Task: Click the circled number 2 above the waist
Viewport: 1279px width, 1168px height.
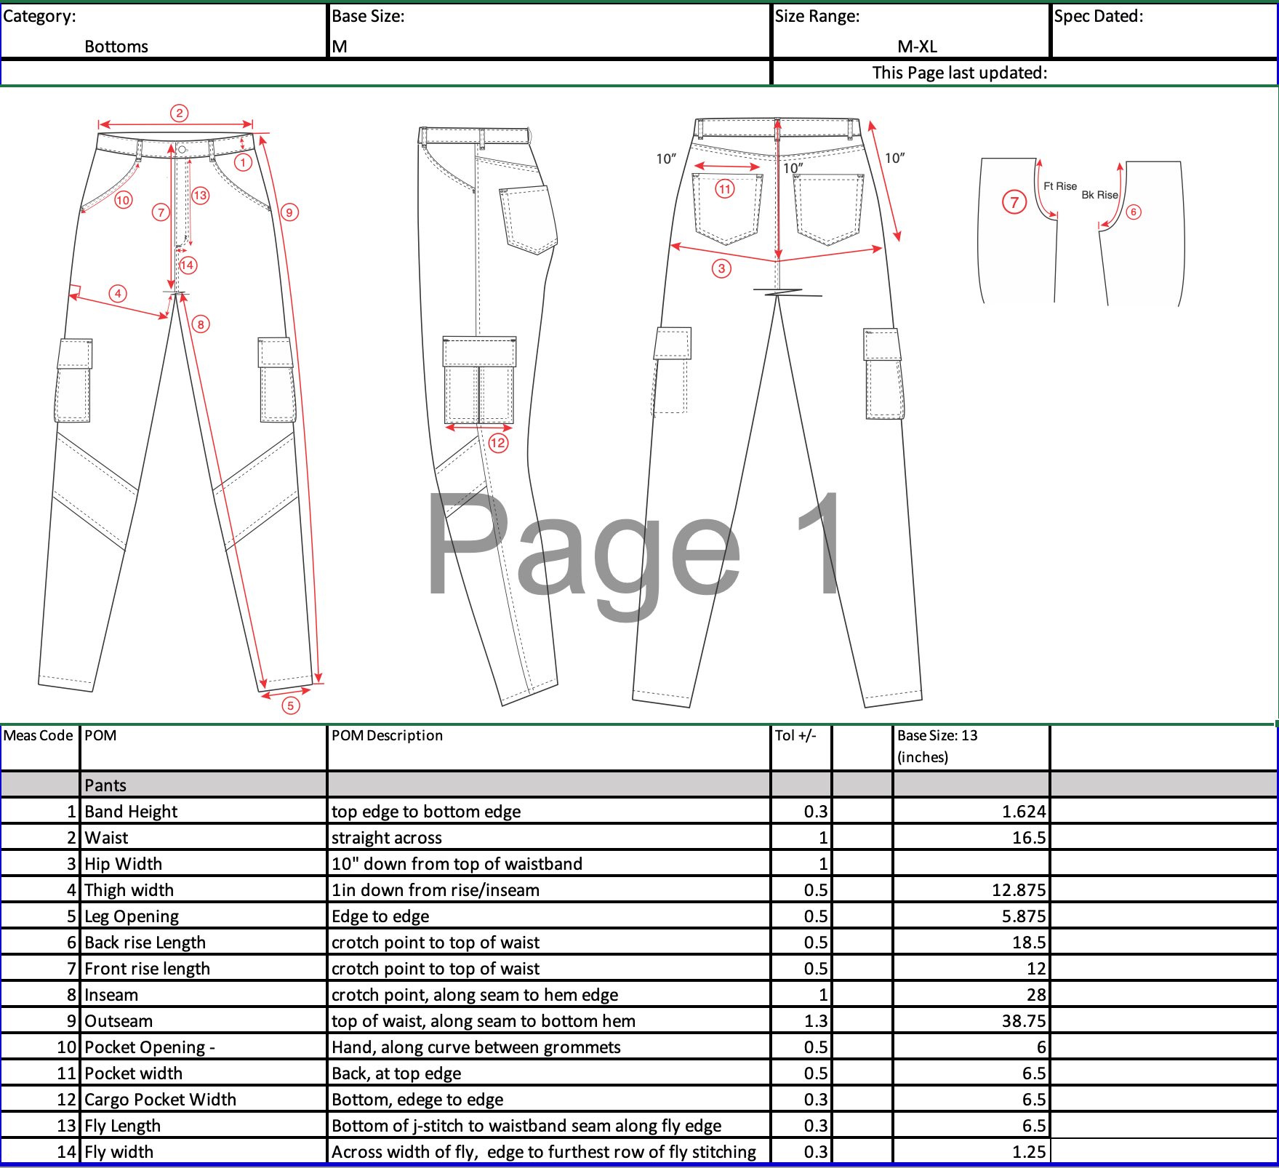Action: [180, 113]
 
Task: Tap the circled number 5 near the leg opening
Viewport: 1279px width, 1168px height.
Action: [291, 705]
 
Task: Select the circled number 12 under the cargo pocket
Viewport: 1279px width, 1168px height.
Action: [498, 443]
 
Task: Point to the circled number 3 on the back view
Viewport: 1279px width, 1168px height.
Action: [721, 268]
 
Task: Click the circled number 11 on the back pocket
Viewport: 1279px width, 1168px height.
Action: [725, 189]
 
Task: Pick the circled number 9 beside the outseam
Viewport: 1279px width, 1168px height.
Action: [289, 212]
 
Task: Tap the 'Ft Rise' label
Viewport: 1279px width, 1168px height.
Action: [1060, 186]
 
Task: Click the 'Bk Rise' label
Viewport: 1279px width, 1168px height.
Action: [1099, 195]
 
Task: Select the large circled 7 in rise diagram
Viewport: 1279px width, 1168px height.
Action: [1014, 202]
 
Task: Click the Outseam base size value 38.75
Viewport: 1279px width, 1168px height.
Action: [1024, 1021]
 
